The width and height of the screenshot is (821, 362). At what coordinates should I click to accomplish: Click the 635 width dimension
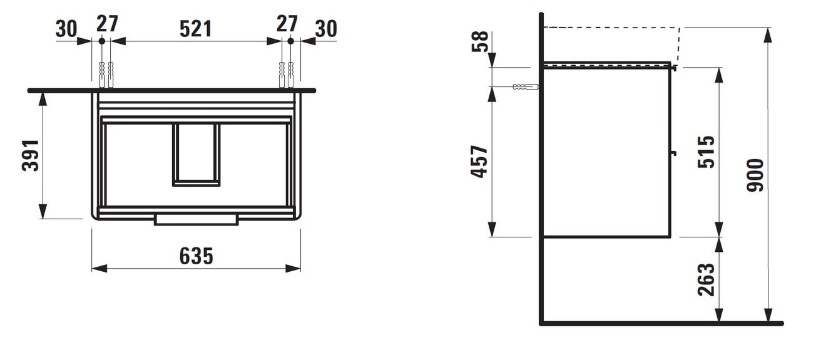click(x=196, y=256)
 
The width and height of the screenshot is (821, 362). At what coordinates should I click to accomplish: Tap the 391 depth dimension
click(x=31, y=155)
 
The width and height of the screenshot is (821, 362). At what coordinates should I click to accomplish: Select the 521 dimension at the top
click(x=196, y=29)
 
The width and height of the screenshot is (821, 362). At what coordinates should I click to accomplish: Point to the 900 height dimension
click(x=755, y=175)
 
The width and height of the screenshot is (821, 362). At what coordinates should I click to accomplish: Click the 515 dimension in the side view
click(x=706, y=152)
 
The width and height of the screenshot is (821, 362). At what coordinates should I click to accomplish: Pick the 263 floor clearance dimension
click(x=706, y=279)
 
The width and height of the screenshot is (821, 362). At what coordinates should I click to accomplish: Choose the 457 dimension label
click(x=479, y=162)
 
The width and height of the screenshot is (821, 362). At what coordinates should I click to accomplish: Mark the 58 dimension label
click(x=480, y=41)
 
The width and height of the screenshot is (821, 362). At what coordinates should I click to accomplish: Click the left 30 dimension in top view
click(x=66, y=29)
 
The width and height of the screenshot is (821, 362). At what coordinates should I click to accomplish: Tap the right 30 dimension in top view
click(x=326, y=29)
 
